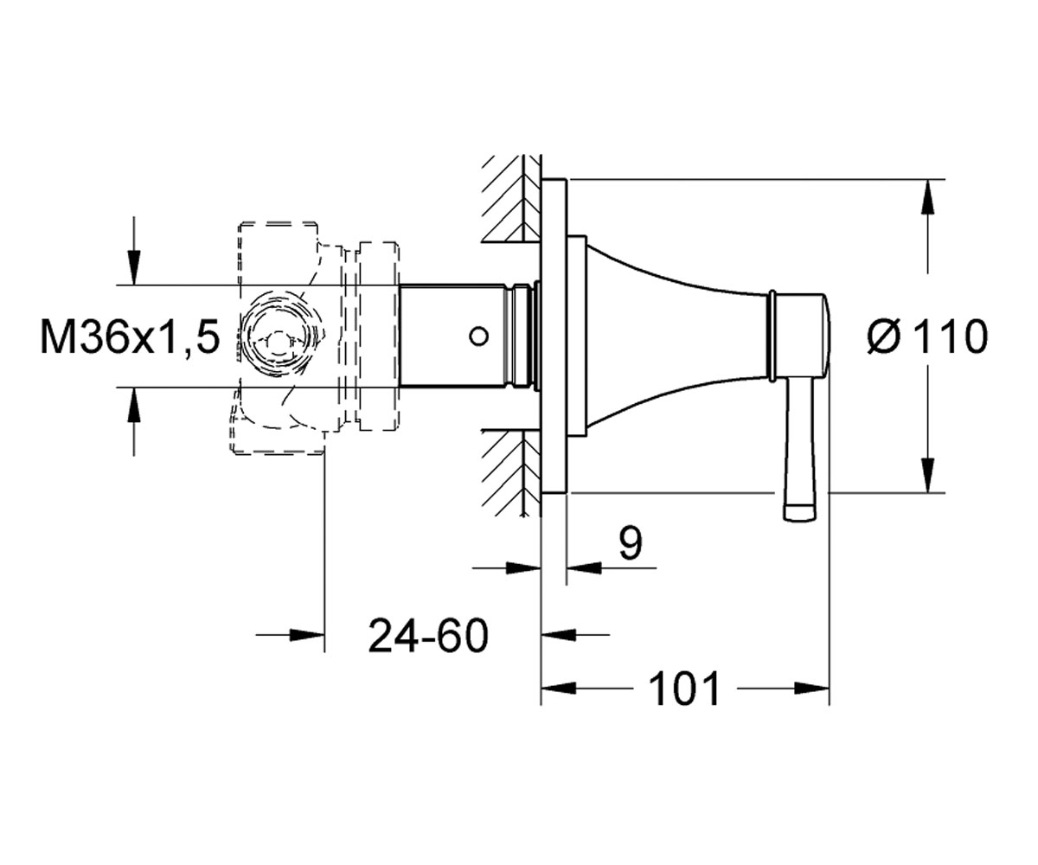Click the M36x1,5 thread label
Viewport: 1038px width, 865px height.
point(130,337)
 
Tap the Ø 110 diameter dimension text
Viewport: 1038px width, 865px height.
point(927,337)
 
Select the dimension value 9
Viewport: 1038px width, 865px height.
point(630,543)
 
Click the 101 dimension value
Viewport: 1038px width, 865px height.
point(685,689)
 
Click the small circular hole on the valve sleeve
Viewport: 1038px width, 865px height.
point(478,336)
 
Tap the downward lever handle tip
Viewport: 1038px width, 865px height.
point(800,513)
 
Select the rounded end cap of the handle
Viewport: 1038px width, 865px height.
point(826,338)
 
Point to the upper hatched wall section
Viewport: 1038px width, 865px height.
point(511,199)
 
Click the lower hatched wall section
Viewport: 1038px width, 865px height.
point(511,472)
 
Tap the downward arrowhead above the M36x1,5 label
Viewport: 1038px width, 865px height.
point(134,267)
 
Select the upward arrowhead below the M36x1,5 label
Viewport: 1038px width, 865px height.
point(134,404)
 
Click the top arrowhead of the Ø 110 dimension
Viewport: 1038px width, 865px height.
point(927,196)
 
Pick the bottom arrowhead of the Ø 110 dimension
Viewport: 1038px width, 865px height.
point(927,475)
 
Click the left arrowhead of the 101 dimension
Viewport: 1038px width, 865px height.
point(558,689)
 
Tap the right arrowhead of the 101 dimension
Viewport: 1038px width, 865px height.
point(812,689)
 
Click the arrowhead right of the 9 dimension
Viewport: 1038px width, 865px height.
point(584,567)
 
